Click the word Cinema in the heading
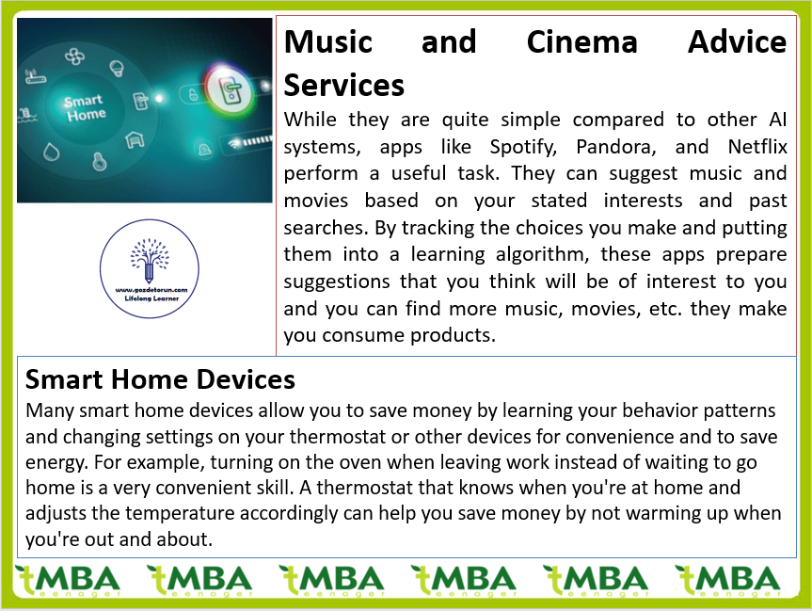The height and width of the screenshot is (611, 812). [582, 42]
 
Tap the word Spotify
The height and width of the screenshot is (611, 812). [523, 147]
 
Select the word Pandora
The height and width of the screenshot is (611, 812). [616, 147]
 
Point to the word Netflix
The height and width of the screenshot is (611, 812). [757, 147]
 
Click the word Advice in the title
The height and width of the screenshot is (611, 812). [738, 42]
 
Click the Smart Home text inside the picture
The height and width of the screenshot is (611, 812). [85, 107]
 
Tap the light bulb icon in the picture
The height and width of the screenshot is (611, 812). [117, 69]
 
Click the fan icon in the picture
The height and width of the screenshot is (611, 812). [74, 56]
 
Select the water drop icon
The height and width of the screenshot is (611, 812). [51, 153]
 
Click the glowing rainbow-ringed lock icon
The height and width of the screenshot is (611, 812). [230, 90]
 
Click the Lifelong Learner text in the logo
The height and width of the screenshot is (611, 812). [151, 298]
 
